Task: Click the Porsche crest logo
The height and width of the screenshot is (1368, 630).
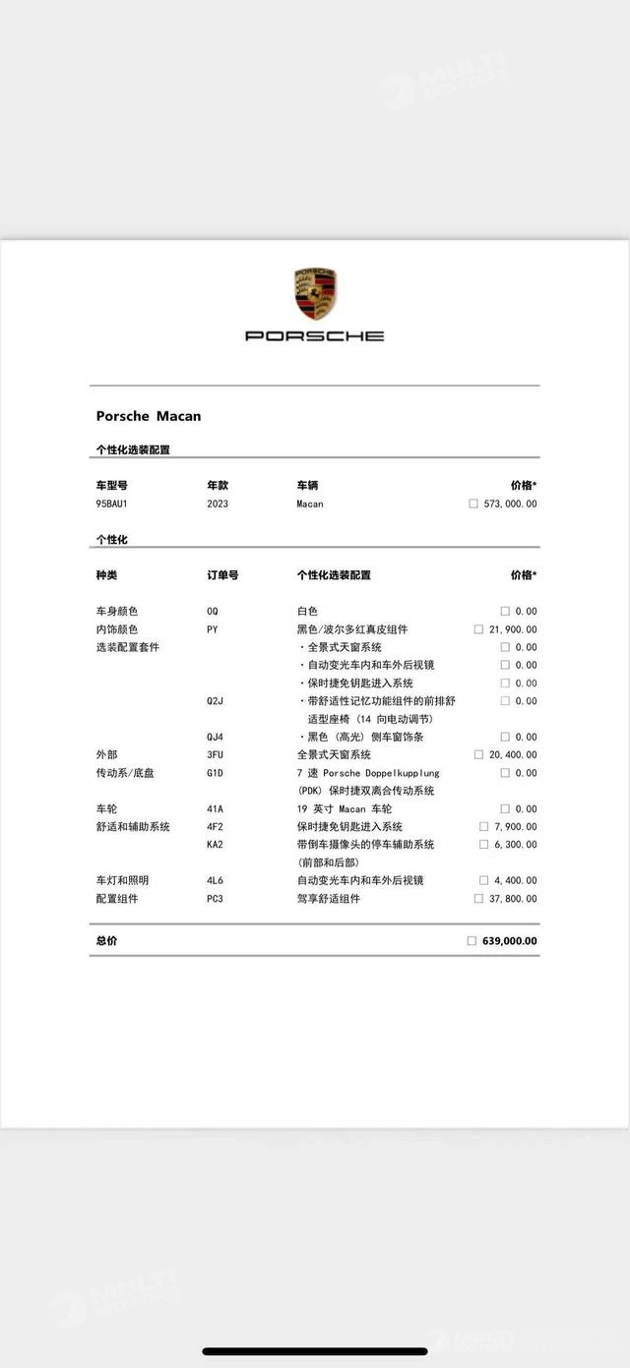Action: click(315, 293)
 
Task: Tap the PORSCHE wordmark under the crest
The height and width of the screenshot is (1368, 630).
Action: click(315, 335)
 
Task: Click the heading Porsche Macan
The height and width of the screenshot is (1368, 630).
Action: click(149, 416)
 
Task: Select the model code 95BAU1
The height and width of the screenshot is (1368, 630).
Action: click(112, 504)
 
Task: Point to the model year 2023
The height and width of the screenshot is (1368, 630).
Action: click(218, 504)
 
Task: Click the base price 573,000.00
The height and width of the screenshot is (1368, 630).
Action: click(511, 504)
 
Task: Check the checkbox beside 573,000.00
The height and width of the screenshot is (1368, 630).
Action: click(473, 504)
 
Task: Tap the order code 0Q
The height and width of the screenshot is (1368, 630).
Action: click(213, 611)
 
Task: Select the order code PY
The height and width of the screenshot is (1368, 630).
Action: click(213, 629)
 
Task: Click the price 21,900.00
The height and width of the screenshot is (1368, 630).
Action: click(513, 629)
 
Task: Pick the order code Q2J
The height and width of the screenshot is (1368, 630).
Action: click(215, 701)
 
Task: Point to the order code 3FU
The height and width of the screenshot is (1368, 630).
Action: click(215, 754)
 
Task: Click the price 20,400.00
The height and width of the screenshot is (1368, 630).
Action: click(513, 754)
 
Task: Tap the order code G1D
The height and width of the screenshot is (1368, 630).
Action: click(215, 773)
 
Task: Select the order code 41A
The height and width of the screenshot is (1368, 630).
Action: click(215, 808)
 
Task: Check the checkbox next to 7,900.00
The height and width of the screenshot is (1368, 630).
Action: click(483, 826)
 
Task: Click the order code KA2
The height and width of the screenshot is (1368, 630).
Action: click(215, 844)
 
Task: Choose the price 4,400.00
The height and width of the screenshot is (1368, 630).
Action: click(516, 880)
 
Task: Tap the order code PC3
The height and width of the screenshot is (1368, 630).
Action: click(215, 898)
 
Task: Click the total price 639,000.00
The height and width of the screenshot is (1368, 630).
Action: click(510, 941)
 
